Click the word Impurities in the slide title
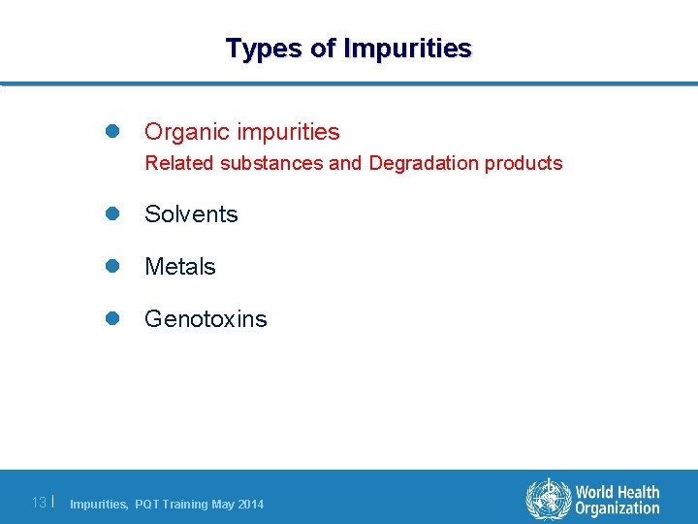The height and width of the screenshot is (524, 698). click(x=407, y=48)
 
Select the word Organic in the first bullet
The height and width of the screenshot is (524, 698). click(x=184, y=131)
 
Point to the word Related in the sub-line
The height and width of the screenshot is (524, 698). click(x=179, y=163)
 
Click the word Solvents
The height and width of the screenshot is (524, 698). click(x=191, y=214)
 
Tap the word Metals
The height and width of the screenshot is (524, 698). click(x=180, y=267)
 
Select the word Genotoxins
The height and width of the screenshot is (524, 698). click(x=206, y=319)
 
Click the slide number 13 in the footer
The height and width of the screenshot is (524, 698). click(x=39, y=503)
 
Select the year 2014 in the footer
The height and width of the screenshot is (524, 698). click(x=249, y=505)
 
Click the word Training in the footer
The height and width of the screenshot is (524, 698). click(x=183, y=505)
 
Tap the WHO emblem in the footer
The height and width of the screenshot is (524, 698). click(x=548, y=500)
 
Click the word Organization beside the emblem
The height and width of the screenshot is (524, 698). click(x=618, y=508)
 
